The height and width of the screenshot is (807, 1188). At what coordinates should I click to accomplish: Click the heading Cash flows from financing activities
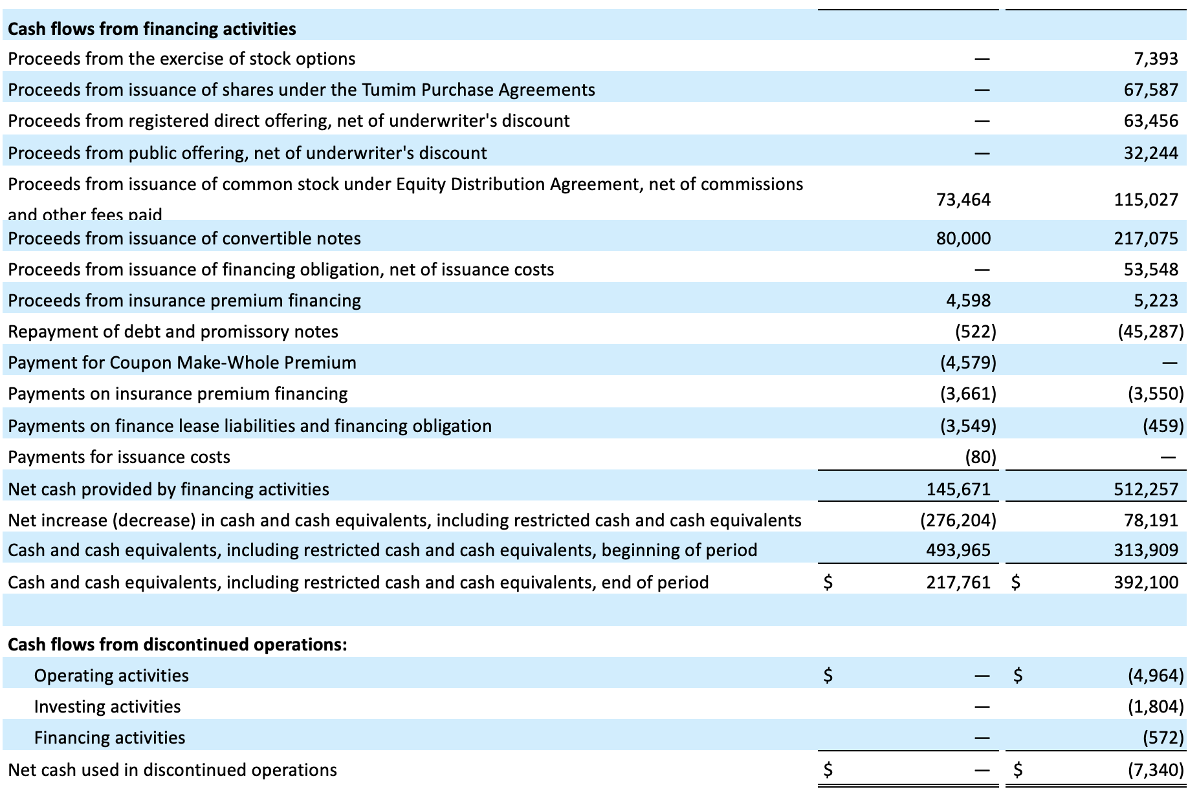click(x=152, y=29)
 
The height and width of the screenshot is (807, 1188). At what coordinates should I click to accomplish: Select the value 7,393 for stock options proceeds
click(x=1156, y=59)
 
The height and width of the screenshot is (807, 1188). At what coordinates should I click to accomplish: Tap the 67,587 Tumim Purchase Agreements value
click(x=1151, y=90)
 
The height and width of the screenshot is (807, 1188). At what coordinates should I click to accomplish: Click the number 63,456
click(x=1151, y=121)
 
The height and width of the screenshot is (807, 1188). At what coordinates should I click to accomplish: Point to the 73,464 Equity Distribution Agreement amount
click(x=963, y=200)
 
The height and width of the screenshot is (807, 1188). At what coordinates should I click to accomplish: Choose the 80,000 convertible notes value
click(x=963, y=239)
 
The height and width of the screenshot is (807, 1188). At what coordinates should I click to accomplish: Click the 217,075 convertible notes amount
click(x=1147, y=239)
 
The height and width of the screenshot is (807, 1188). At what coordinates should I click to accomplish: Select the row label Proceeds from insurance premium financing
click(x=184, y=301)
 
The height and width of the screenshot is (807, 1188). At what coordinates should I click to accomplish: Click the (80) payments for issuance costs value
click(x=981, y=457)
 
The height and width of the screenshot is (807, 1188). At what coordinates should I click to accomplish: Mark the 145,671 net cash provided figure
click(x=959, y=490)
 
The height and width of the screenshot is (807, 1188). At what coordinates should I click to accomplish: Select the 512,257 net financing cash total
click(x=1147, y=490)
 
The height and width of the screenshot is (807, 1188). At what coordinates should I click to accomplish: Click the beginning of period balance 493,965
click(x=959, y=550)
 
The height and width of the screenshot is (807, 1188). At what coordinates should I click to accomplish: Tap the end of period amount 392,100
click(x=1147, y=583)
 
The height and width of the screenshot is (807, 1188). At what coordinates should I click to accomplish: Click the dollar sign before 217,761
click(x=828, y=583)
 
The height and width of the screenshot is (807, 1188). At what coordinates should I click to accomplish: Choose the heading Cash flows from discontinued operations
click(x=177, y=645)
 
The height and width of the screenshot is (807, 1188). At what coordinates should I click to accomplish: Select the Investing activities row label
click(x=107, y=707)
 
